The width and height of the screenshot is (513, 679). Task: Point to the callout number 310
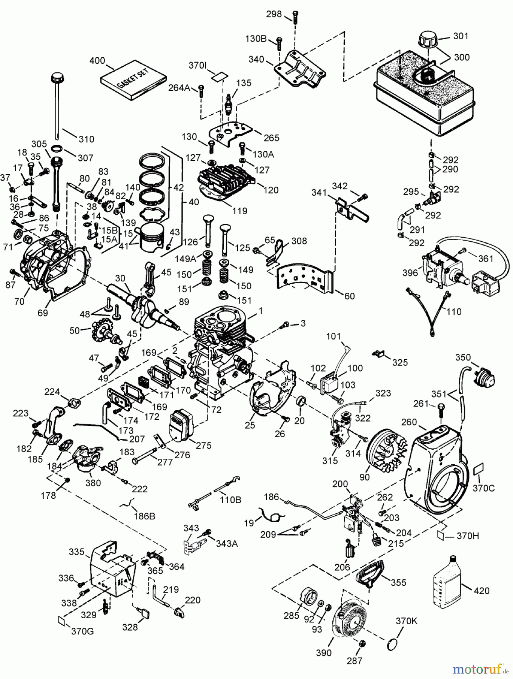point(86,139)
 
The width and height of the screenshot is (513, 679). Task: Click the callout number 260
point(409,422)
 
